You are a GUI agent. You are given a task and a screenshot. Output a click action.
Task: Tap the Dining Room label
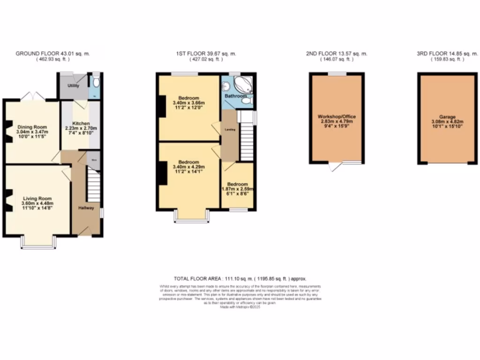coord(33,127)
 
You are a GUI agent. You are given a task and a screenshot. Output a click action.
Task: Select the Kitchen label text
coord(81,123)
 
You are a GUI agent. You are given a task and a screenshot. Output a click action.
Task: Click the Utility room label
coord(73,86)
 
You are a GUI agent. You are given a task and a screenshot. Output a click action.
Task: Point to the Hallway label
coord(86,208)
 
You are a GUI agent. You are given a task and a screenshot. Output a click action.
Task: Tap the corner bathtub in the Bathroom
coord(242,86)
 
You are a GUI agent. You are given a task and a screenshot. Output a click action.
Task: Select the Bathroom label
coord(235,96)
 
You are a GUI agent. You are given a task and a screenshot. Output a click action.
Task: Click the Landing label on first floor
coord(230,129)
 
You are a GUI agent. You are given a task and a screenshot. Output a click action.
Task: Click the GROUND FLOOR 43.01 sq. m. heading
coord(52,54)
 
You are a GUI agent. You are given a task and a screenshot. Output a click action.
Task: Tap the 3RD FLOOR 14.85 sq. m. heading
coord(447,54)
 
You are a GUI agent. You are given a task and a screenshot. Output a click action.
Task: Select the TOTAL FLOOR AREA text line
coord(240,278)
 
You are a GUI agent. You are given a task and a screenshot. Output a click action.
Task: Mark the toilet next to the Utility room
coord(96,83)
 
